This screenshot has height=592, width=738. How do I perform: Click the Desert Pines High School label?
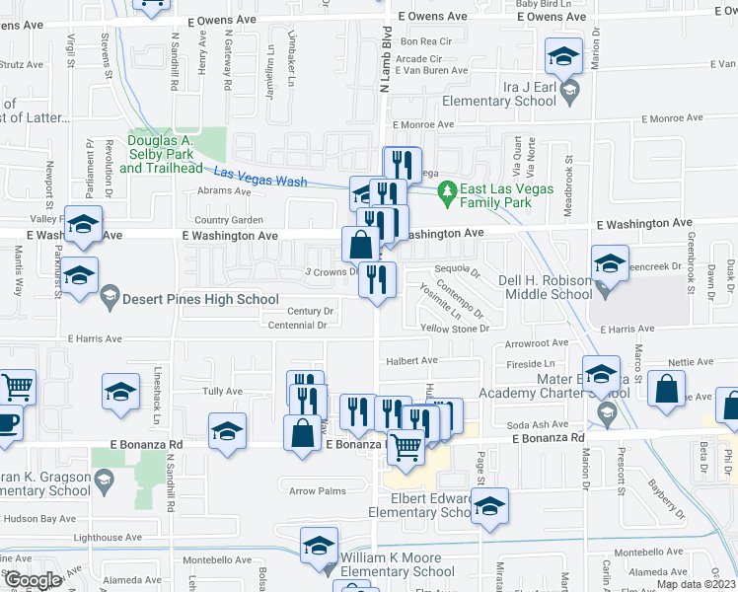tap(202, 299)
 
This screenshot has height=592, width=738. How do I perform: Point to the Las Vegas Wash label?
tap(258, 177)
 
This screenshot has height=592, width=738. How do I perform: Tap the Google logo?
tap(32, 580)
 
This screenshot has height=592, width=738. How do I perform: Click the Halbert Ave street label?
tap(410, 361)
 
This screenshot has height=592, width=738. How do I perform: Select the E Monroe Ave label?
tap(423, 124)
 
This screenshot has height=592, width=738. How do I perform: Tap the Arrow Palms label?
tap(318, 490)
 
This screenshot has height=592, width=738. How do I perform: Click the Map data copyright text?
tap(696, 584)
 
